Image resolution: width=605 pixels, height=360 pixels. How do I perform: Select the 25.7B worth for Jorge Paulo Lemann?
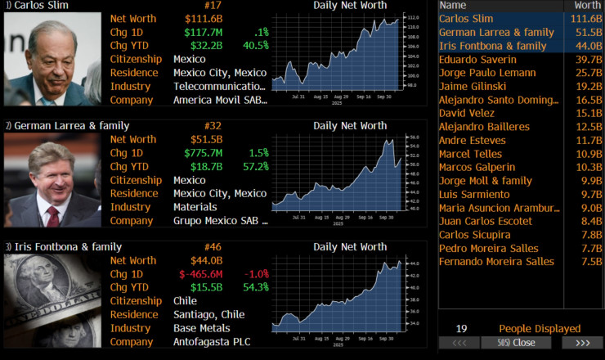tap(586, 73)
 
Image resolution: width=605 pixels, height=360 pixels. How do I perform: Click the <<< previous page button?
tap(459, 343)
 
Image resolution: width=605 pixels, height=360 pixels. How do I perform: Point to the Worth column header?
tap(586, 5)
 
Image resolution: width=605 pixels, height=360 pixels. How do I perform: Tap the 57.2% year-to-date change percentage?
tap(253, 167)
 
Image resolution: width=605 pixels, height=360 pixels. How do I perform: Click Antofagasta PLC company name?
tap(212, 341)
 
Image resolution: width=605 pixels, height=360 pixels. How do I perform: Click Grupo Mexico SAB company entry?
tap(218, 221)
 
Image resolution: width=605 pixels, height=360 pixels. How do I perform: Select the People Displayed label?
tap(540, 328)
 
